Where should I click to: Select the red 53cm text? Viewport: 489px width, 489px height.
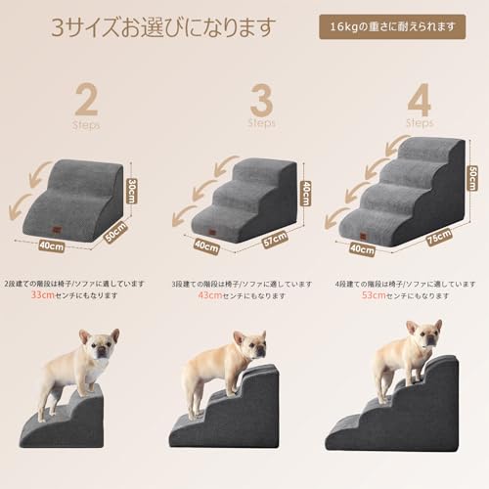coord(375,293)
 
